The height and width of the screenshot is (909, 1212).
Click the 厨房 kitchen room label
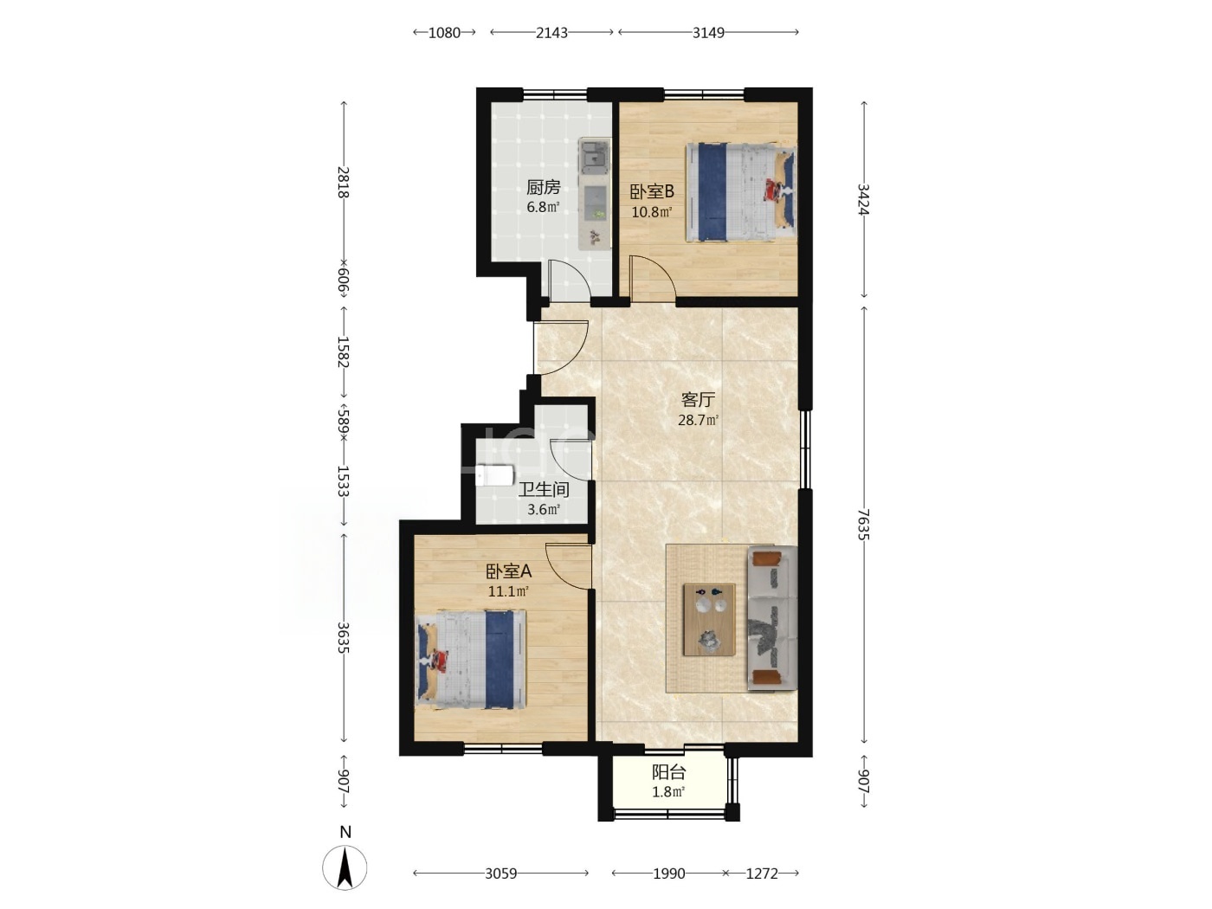(544, 188)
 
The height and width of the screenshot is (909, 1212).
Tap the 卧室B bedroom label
(652, 191)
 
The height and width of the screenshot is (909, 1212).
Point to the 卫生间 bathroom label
(544, 489)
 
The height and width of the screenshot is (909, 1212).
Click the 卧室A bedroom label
(508, 571)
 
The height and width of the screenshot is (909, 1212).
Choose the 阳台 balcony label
(668, 772)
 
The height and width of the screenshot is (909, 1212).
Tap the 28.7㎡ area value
(698, 420)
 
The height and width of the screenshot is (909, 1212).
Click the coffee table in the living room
(710, 620)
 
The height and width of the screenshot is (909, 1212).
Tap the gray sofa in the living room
(772, 618)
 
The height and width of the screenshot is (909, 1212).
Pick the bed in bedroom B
(741, 192)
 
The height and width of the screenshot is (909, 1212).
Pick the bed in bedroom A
(471, 660)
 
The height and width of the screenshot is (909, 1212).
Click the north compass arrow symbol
(345, 868)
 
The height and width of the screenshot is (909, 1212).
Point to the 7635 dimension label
(864, 525)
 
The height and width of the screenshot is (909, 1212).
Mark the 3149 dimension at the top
(708, 33)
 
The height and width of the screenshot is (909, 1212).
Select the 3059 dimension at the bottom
(500, 874)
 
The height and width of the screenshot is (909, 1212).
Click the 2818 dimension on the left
(344, 182)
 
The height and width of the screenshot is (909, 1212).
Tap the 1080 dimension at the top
(444, 33)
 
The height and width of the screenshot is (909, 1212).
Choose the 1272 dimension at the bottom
(762, 874)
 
